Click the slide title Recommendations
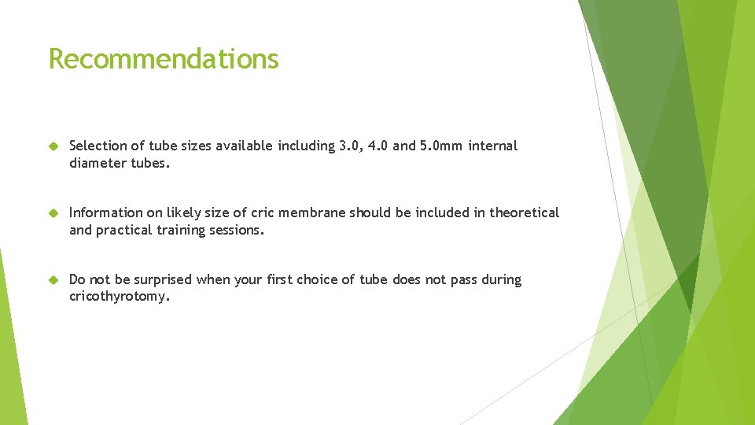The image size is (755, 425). (x=164, y=59)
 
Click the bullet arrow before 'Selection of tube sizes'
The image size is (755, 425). (x=53, y=146)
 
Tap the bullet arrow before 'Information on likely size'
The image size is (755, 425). (x=53, y=213)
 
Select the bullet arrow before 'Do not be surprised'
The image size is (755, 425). (x=53, y=280)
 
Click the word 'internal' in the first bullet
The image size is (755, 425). (x=493, y=146)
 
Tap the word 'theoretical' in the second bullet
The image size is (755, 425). (x=525, y=213)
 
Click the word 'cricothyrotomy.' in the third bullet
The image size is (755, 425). (x=120, y=297)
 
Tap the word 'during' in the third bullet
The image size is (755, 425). (x=501, y=279)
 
